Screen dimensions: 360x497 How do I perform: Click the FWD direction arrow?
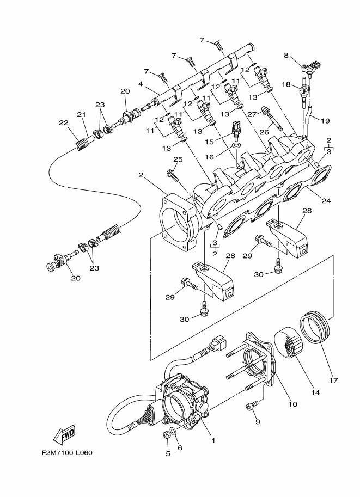65,434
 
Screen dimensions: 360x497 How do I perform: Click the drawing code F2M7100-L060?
67,452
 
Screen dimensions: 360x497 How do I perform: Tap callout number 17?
333,380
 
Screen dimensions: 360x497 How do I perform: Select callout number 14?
315,392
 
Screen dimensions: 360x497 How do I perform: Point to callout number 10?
292,404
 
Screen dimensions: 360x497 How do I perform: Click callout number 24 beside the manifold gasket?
326,200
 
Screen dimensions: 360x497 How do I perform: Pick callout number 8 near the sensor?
286,56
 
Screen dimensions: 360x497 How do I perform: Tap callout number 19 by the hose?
325,121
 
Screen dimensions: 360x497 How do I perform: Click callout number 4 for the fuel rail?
141,84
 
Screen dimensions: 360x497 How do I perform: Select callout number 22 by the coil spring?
64,122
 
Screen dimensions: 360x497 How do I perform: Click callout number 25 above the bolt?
178,159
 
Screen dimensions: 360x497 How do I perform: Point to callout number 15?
209,142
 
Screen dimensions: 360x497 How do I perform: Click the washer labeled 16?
236,145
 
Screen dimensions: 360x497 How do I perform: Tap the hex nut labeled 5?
167,435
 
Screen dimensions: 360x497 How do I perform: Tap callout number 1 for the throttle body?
213,440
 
